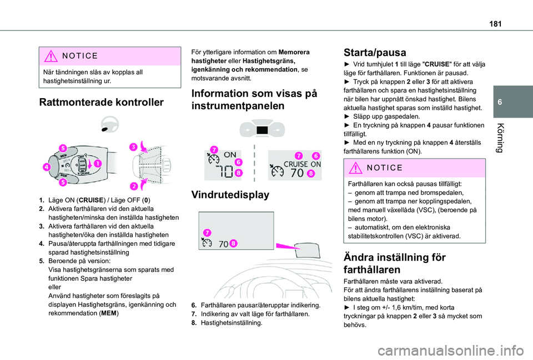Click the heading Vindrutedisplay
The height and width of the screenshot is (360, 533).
[230, 195]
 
